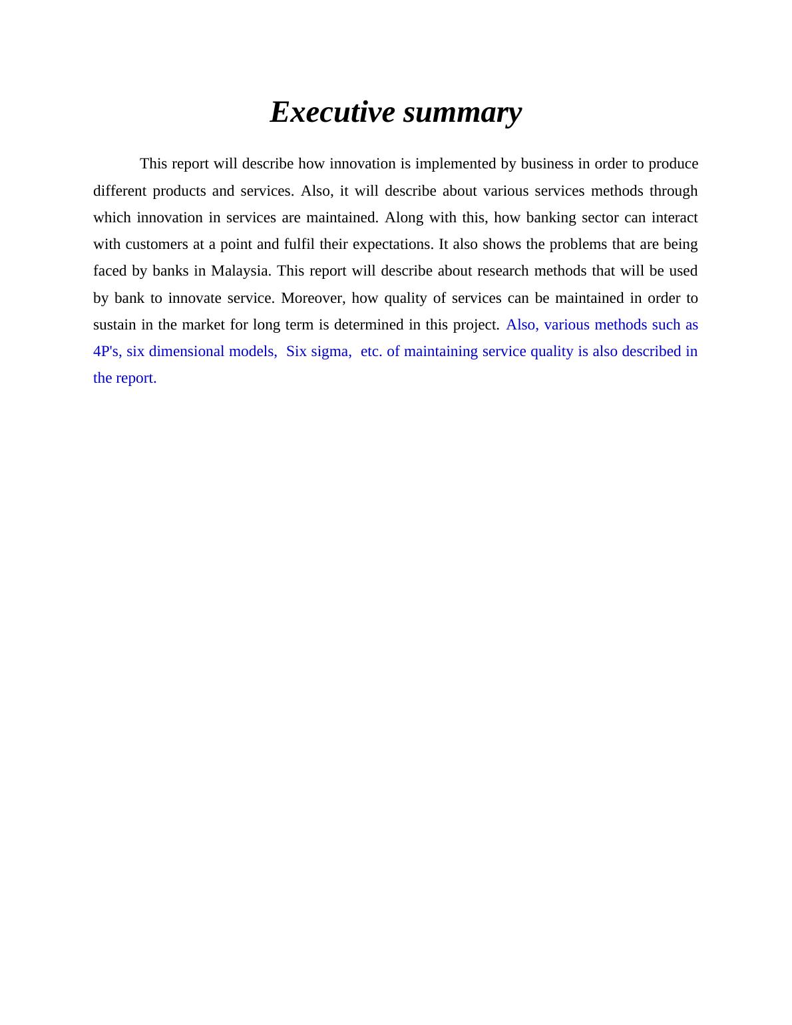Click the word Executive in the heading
point(332,112)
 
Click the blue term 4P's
point(107,351)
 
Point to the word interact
point(675,218)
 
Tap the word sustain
point(114,325)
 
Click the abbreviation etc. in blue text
point(371,351)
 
